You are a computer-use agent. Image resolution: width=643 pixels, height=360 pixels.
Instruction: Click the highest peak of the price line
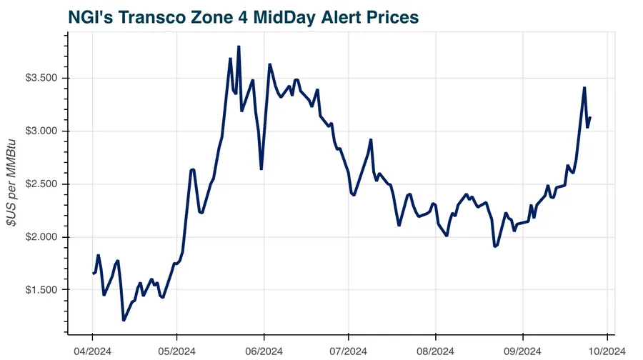(239, 46)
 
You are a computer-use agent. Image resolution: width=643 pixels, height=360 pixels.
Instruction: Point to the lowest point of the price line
(124, 320)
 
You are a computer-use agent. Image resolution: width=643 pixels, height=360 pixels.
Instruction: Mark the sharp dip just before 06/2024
(261, 169)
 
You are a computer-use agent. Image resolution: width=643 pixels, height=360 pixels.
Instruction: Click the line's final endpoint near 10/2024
(590, 118)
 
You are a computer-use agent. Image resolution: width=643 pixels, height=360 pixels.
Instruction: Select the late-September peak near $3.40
(584, 88)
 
